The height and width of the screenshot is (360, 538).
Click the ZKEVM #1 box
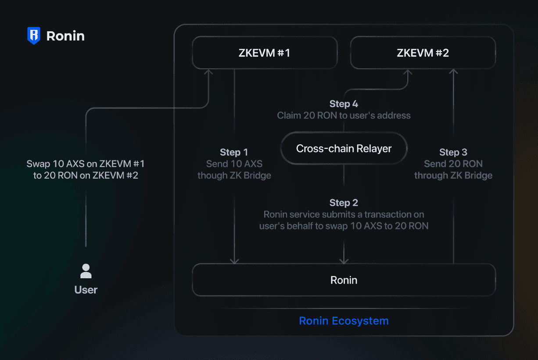265,53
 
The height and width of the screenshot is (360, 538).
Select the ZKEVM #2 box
423,53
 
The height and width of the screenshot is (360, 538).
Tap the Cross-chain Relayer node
344,149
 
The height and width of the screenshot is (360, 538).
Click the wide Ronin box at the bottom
344,280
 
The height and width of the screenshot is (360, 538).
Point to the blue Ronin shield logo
34,36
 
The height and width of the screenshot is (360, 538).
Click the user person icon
86,271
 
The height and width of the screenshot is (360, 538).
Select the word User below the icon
86,290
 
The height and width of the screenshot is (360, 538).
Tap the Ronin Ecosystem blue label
344,321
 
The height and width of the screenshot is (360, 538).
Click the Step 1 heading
234,152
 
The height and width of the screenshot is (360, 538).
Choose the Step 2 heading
344,203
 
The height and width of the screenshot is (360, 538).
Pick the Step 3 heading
453,152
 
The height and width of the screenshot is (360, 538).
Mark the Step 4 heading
344,104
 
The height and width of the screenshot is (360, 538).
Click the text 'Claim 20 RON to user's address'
344,115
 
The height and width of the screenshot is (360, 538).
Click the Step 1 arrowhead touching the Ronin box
234,261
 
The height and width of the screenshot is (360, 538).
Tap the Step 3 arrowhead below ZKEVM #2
454,72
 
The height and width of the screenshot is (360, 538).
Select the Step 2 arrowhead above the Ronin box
344,261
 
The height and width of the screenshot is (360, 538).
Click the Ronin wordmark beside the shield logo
65,36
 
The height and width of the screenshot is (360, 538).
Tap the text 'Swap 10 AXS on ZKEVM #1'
86,164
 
